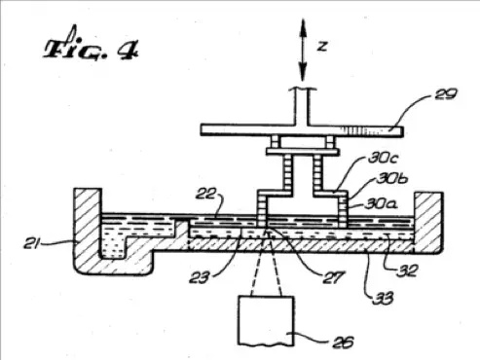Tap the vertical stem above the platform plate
pyautogui.click(x=302, y=104)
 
